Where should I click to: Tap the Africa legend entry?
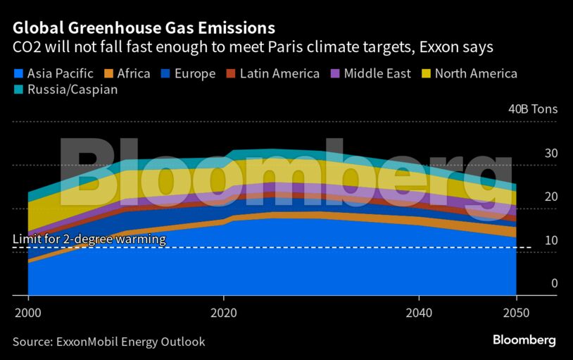(127, 73)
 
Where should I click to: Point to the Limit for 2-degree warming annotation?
(89, 240)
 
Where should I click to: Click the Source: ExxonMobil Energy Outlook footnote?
(108, 342)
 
